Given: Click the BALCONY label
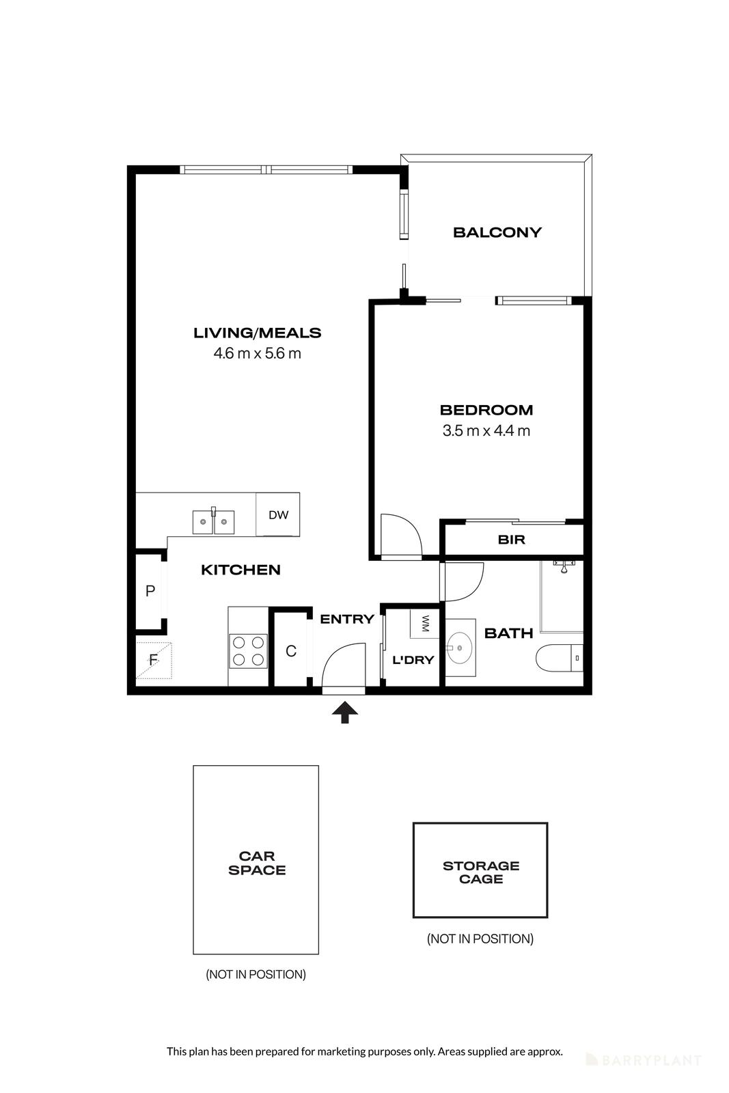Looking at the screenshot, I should (497, 232).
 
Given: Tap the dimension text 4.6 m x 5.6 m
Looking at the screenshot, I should (257, 354).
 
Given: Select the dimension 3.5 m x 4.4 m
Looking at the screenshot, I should (486, 431).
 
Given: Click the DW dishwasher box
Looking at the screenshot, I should (278, 515).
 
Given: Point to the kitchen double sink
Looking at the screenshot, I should (213, 523).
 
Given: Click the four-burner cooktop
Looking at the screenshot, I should (248, 651).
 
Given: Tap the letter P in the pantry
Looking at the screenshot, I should (150, 591).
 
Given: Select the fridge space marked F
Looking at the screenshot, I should (154, 661).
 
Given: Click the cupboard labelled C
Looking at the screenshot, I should (291, 651).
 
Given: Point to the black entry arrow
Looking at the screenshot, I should (345, 713).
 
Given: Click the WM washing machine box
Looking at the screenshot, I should (424, 623).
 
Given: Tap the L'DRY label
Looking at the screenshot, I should (413, 660).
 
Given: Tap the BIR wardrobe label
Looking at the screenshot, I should (511, 540).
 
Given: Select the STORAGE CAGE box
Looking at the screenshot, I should (480, 870).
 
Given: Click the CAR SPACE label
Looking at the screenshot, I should (257, 863).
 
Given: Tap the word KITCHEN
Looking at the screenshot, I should (240, 570).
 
